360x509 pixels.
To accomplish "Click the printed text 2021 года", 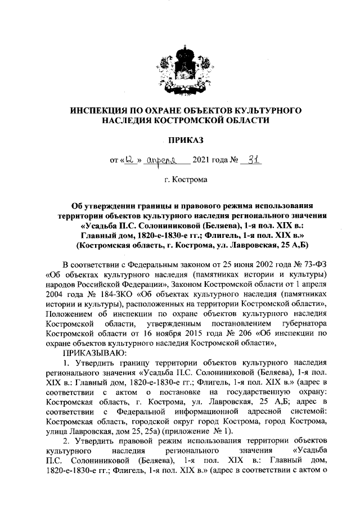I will [x=210, y=160].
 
